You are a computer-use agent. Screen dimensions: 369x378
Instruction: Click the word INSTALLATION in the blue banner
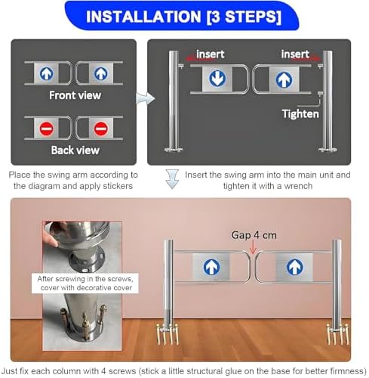point(143,17)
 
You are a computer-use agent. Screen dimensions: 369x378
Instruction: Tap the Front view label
point(75,95)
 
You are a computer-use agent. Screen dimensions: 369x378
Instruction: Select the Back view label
point(75,150)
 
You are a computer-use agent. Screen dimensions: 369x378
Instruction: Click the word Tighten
point(300,114)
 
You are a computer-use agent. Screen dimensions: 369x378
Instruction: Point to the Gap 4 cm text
point(254,235)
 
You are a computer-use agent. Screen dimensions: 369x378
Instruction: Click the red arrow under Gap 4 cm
point(253,247)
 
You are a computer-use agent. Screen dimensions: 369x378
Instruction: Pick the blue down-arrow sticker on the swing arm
point(217,78)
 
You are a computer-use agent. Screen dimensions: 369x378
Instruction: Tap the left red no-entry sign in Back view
point(46,129)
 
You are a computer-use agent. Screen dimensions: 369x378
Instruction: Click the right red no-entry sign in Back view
point(101,129)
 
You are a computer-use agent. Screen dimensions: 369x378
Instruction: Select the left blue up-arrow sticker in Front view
point(47,73)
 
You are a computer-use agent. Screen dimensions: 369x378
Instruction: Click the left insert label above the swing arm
point(210,54)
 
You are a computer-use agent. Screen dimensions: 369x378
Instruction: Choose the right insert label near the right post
point(295,54)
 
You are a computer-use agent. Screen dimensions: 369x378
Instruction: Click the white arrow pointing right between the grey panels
point(146,98)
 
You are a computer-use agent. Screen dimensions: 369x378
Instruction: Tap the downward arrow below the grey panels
point(172,179)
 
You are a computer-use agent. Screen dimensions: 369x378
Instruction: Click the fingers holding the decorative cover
point(51,234)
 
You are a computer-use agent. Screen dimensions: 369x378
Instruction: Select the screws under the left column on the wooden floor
point(168,334)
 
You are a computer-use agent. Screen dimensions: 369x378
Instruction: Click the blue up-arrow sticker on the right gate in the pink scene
point(294,267)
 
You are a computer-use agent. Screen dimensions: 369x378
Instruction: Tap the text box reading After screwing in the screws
point(85,283)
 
